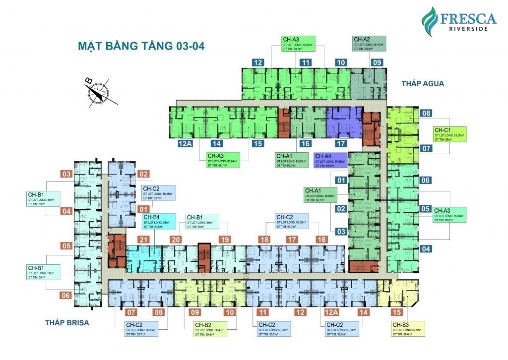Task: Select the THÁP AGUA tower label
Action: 423,84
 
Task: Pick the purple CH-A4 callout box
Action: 330,160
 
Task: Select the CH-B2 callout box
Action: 208,329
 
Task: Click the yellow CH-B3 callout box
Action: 408,329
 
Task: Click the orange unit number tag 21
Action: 144,240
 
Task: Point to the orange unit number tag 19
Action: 225,240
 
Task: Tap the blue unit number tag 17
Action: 340,144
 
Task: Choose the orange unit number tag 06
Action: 66,296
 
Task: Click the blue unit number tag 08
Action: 427,113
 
